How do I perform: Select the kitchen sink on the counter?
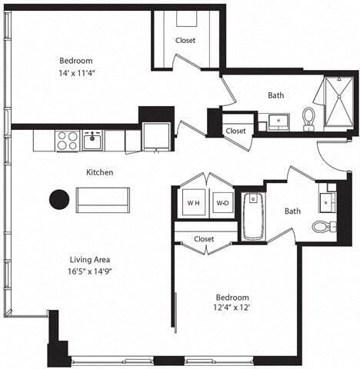point(93,140)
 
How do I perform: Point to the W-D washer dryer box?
point(222,204)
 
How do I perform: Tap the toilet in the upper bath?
point(309,118)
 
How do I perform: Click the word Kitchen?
point(99,173)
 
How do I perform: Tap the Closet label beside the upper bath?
point(235,131)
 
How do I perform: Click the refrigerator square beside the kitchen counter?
point(158,138)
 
